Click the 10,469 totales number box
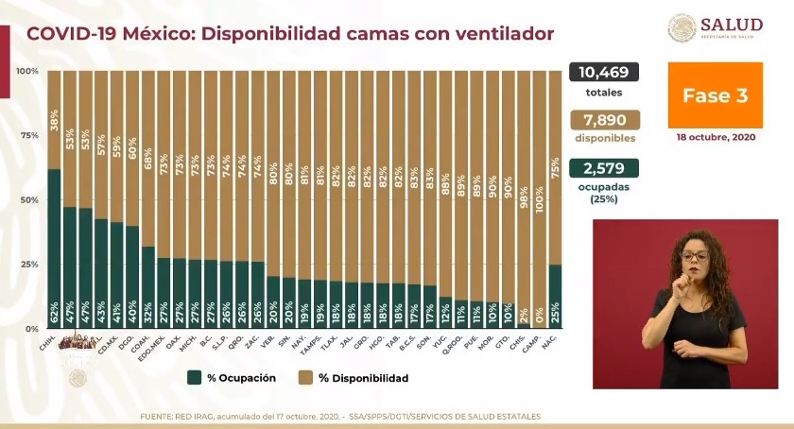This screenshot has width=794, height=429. click(604, 73)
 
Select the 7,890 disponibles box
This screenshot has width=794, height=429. click(604, 121)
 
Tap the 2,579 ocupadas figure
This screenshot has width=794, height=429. click(604, 168)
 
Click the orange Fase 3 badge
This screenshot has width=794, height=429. click(716, 95)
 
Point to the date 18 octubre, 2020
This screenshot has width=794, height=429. click(716, 137)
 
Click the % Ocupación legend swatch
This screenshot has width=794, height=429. click(193, 378)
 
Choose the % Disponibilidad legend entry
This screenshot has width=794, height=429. click(355, 378)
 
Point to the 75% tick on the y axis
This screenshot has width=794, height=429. click(27, 135)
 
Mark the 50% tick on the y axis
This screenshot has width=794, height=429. click(27, 199)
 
